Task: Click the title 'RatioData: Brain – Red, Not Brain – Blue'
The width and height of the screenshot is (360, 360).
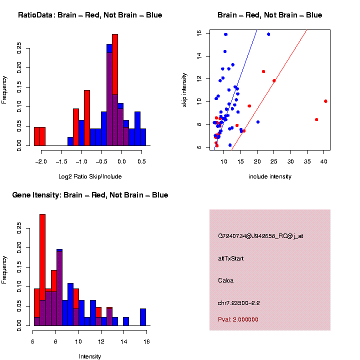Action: coord(90,15)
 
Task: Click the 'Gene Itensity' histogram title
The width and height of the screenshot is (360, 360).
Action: coord(90,195)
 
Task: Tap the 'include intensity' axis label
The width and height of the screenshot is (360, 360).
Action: coord(270,176)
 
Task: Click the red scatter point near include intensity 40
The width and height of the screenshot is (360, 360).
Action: coord(325,101)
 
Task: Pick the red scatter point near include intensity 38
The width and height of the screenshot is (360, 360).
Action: coord(316,119)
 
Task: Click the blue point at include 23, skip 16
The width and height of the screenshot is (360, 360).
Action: coord(268,34)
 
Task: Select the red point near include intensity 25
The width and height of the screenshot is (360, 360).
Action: coord(274,80)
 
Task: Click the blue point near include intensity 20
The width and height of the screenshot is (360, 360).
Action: coord(258,122)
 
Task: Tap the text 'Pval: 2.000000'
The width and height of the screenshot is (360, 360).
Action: coord(238,319)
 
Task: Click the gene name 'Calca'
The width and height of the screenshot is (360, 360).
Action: coord(226,280)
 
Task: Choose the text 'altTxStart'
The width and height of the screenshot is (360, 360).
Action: coord(230,258)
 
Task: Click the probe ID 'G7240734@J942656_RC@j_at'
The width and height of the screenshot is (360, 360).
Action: coord(260,236)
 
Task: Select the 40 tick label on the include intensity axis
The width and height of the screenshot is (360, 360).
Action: coord(323,162)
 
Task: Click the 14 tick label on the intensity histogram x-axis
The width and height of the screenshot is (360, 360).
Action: coord(123,342)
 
